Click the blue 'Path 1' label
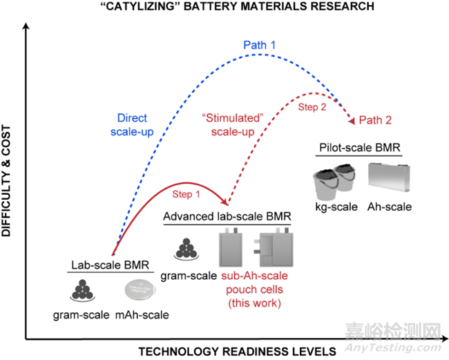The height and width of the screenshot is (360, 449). click(x=260, y=45)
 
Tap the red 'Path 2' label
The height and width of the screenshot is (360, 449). click(x=375, y=120)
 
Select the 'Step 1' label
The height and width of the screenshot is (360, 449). click(x=186, y=194)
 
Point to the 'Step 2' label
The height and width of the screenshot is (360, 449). click(x=312, y=107)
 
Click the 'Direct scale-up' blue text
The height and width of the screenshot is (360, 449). click(x=132, y=125)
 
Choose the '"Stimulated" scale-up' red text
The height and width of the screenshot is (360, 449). click(x=233, y=125)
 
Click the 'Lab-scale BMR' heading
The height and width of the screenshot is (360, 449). click(x=111, y=265)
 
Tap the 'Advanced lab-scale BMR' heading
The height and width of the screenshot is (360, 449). click(x=227, y=216)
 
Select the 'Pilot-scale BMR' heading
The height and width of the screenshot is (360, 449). click(x=360, y=147)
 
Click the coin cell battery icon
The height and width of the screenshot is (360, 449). click(x=140, y=290)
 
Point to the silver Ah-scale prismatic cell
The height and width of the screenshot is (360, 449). click(x=389, y=178)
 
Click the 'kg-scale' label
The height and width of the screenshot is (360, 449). click(x=336, y=207)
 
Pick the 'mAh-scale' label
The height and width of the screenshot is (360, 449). click(x=142, y=315)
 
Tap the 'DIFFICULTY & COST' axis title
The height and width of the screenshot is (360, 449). click(x=6, y=181)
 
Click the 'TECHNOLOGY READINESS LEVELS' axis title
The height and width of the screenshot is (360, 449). click(x=238, y=352)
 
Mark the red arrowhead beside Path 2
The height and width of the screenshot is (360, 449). click(x=352, y=120)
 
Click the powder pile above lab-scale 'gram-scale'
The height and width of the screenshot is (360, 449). click(x=82, y=290)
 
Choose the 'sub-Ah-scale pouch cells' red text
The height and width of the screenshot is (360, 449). click(x=255, y=290)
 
